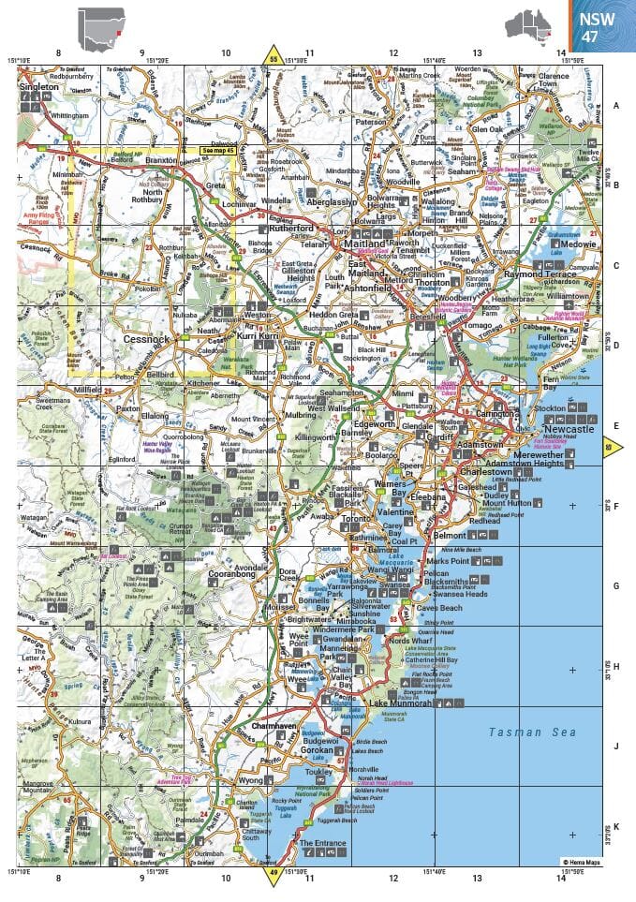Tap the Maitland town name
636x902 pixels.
click(x=364, y=244)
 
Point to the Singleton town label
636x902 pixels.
click(x=38, y=87)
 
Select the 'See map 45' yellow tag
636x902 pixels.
click(x=217, y=150)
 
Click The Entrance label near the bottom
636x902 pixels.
click(x=323, y=843)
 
